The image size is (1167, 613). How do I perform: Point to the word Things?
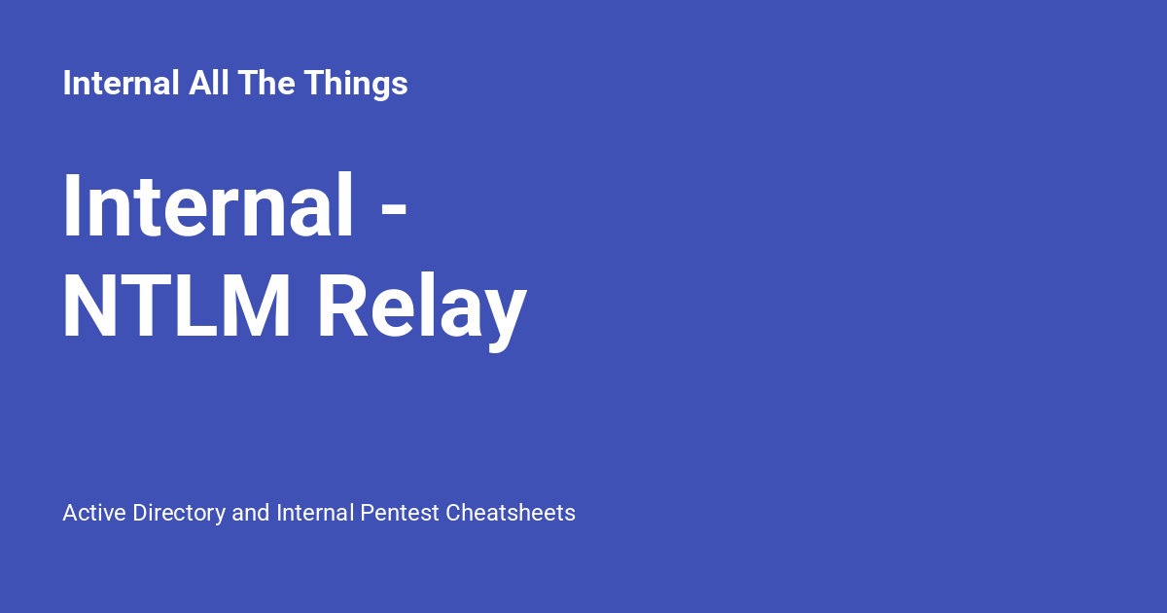pos(355,84)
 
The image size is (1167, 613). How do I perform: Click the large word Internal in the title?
pos(208,206)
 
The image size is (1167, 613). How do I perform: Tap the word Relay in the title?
pos(422,309)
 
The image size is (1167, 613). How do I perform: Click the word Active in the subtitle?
pos(93,513)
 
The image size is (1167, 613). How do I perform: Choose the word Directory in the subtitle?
pos(179,513)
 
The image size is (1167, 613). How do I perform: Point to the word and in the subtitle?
pos(251,513)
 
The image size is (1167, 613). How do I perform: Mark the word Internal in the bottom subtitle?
pos(315,513)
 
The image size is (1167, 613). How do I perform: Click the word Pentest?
pos(400,513)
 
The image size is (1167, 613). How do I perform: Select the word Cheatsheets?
pos(511,513)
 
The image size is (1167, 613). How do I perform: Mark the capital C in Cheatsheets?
pos(453,513)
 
